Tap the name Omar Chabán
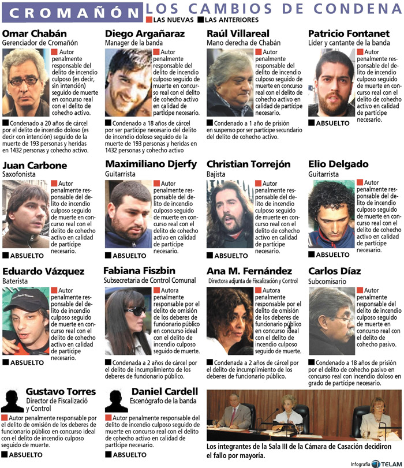click(x=35, y=33)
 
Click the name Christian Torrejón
click(x=249, y=164)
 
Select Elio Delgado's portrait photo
click(x=331, y=214)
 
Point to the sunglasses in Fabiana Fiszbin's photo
click(x=136, y=311)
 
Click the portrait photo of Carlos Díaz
click(x=331, y=320)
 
